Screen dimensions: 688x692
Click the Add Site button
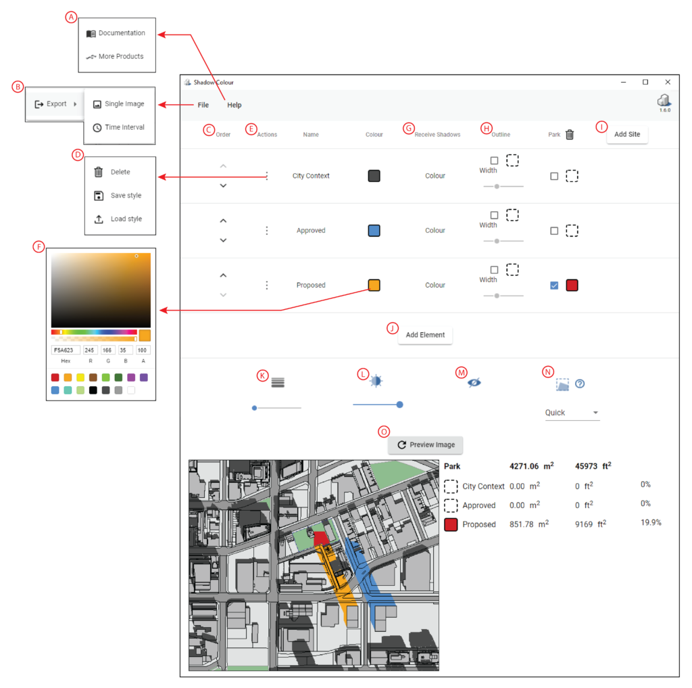pos(627,134)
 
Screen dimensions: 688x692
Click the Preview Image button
pos(426,444)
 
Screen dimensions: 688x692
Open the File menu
pos(203,105)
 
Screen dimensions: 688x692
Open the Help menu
pos(234,105)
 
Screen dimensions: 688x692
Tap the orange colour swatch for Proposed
pos(374,285)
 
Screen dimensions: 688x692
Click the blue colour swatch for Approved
pos(374,231)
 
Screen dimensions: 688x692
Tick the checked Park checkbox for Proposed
pos(554,285)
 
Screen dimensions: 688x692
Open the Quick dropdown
pos(572,413)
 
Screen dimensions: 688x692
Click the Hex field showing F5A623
pos(66,350)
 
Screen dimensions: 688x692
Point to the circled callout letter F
pos(39,246)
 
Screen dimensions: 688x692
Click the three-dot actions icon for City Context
pos(267,176)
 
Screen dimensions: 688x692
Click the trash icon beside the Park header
pos(570,135)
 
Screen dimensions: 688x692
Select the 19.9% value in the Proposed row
pos(651,523)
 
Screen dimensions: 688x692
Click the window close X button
pos(668,82)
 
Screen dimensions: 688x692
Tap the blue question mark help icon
pos(580,384)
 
